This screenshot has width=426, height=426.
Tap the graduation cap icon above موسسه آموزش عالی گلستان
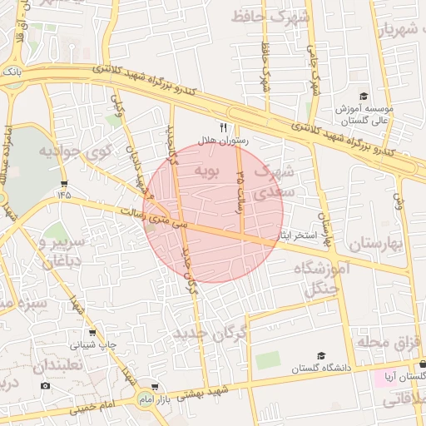(x=363, y=97)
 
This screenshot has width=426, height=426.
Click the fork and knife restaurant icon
(x=222, y=127)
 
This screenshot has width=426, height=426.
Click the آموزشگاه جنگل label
(x=315, y=279)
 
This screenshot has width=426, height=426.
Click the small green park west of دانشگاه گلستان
(x=268, y=360)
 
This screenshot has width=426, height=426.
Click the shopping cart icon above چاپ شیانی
(x=92, y=331)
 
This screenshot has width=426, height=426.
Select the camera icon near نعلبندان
(x=45, y=385)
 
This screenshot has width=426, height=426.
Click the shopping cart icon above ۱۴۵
(x=64, y=182)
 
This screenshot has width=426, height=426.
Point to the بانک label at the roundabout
(x=11, y=73)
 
